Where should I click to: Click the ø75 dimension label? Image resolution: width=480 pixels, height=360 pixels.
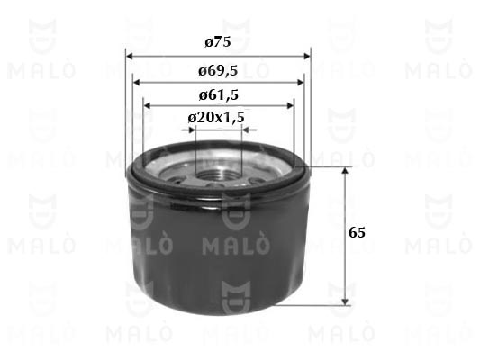(x=218, y=42)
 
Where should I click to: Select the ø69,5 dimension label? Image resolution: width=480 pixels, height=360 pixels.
(x=218, y=71)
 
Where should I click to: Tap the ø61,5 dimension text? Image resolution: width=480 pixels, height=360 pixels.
(x=218, y=95)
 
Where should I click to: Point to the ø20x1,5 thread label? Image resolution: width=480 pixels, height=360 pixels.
(x=216, y=117)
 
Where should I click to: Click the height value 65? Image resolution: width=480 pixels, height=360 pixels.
(x=357, y=233)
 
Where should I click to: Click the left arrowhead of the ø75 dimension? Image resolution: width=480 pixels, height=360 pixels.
(x=129, y=57)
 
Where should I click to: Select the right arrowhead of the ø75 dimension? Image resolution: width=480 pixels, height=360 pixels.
(x=307, y=57)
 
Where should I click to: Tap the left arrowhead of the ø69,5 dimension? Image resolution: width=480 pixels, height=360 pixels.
(x=136, y=82)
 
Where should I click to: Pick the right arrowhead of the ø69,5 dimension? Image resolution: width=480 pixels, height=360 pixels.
(x=300, y=82)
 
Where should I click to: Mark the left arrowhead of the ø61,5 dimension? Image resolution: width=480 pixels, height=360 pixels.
(x=147, y=106)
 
